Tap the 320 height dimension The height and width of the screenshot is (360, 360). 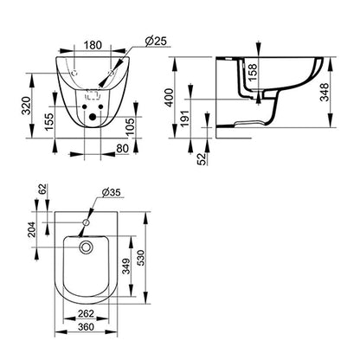(29, 105)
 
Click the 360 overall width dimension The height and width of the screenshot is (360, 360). (85, 329)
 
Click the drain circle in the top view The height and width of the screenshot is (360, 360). (85, 247)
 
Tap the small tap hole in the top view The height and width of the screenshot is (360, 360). (85, 225)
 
